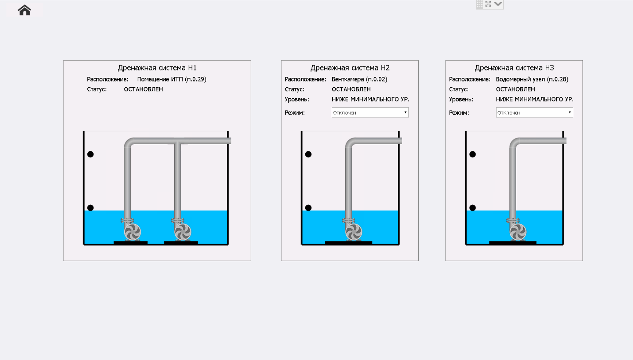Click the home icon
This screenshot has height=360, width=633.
25,10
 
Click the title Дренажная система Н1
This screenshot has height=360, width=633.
157,68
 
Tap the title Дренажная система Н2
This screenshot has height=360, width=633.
350,68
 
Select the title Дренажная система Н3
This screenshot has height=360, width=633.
514,68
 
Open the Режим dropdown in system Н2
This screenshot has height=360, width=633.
370,113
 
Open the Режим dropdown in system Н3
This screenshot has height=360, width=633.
534,113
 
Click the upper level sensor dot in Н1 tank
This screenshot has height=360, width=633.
90,154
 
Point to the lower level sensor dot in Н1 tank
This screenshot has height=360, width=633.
90,208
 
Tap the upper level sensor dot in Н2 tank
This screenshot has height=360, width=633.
308,154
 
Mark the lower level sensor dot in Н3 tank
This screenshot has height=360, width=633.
473,208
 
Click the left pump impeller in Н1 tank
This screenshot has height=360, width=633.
132,232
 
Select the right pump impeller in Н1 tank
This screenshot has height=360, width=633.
183,232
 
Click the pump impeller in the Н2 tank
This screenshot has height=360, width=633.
354,232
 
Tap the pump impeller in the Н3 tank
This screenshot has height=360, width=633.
518,232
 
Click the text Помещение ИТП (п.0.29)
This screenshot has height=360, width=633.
172,79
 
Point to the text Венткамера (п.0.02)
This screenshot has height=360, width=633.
360,79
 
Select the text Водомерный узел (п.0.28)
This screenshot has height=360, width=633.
532,79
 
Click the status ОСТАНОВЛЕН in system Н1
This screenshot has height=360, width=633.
143,89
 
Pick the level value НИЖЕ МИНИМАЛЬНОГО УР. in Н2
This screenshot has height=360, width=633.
370,99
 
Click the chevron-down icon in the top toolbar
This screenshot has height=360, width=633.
498,4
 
